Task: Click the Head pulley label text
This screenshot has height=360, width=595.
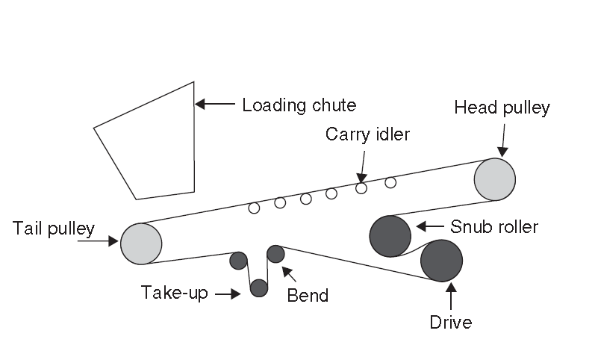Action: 502,108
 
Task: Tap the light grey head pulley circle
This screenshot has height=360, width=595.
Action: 495,179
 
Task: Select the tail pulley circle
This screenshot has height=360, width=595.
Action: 141,243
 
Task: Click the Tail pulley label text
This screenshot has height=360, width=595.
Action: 53,228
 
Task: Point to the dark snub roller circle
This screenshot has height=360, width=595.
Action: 390,236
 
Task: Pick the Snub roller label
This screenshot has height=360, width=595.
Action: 494,226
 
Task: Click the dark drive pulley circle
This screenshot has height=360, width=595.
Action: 441,261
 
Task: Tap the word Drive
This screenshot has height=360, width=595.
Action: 451,323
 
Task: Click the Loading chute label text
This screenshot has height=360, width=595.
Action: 299,105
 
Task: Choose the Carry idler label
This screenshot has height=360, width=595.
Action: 368,134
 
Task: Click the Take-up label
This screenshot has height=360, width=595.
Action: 175,293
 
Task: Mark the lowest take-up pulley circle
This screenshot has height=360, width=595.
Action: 259,288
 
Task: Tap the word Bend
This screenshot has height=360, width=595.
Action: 308,295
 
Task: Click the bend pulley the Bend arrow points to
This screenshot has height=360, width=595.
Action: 275,254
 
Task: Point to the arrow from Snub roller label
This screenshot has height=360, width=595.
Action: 431,226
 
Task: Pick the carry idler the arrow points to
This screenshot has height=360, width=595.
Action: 361,188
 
